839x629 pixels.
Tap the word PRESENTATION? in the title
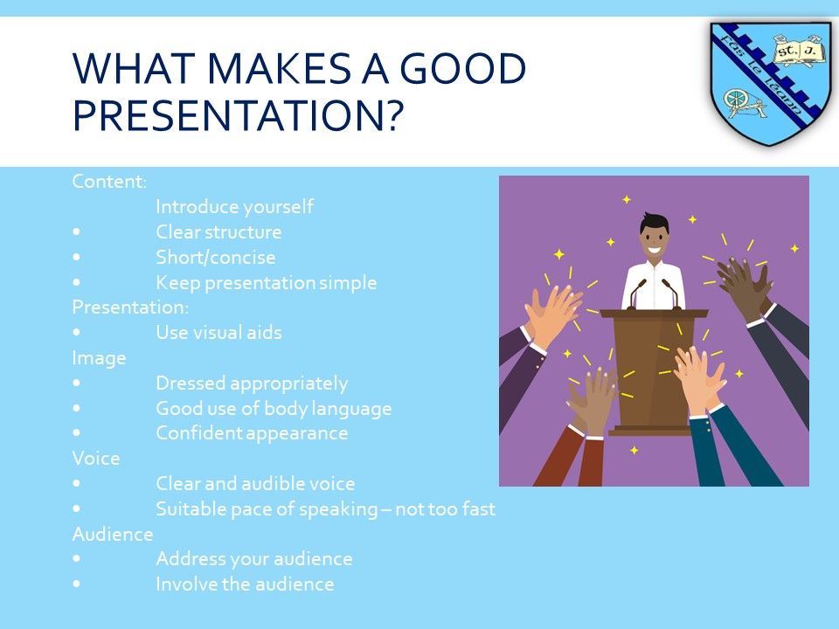[x=238, y=114]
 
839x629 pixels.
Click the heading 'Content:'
[x=109, y=182]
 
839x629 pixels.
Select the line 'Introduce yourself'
[x=234, y=206]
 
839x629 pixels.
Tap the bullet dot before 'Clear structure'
[x=77, y=232]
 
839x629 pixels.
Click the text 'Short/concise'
[x=216, y=257]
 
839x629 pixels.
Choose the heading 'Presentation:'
[x=130, y=307]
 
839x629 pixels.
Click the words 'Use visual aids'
[x=218, y=332]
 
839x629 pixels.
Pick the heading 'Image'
[x=99, y=358]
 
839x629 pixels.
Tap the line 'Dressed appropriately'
[x=252, y=383]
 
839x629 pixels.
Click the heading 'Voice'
[x=96, y=459]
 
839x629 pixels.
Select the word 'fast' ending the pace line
[x=478, y=508]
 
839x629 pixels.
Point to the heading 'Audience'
[x=113, y=534]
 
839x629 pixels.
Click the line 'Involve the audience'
[x=245, y=584]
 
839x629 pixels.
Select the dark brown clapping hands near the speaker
[x=745, y=287]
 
